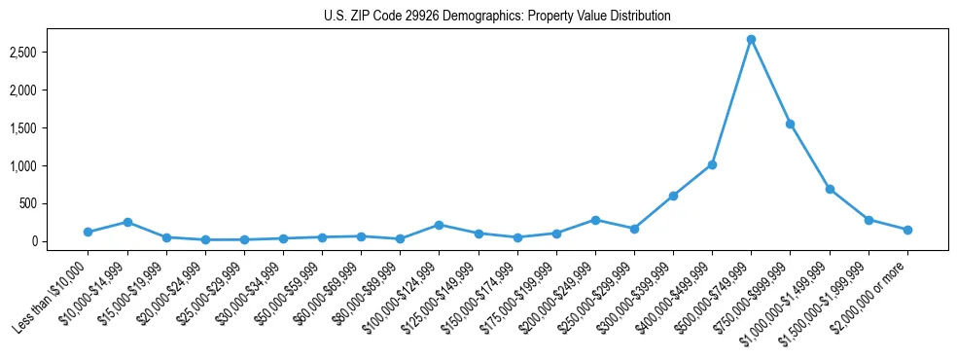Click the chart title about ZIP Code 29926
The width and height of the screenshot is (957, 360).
tap(497, 17)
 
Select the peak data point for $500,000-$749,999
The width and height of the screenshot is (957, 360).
tap(751, 40)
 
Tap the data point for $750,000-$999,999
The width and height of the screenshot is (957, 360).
tap(790, 124)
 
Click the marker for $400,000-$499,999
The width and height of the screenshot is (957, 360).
tap(712, 164)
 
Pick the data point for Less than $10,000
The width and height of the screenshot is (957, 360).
tap(88, 233)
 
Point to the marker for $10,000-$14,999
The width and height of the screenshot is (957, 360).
tap(127, 222)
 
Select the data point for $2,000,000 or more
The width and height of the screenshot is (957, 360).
tap(907, 230)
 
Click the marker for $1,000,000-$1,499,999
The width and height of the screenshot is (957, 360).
tap(830, 189)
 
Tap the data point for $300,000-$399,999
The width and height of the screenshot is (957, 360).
tap(673, 196)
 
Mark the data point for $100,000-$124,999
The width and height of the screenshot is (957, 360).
tap(439, 225)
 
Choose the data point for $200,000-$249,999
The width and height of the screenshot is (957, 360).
tap(595, 220)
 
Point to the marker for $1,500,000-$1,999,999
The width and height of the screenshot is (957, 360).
tap(868, 220)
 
